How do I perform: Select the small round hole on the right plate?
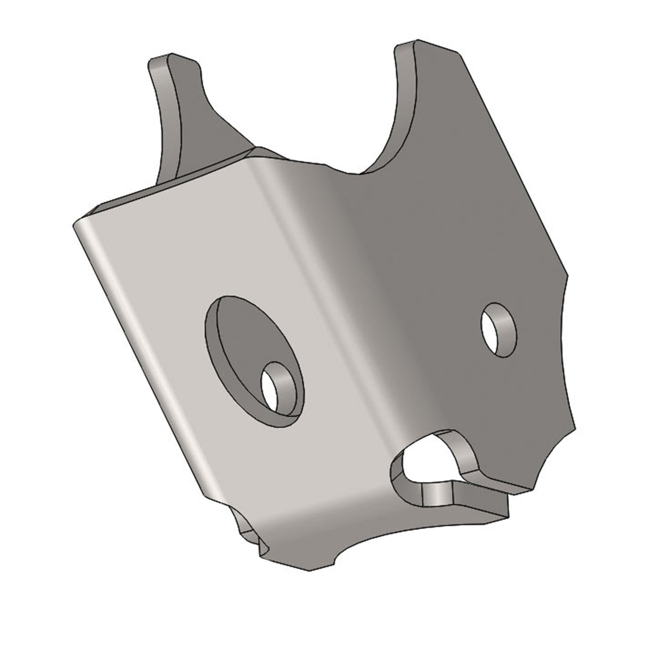pos(498,330)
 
